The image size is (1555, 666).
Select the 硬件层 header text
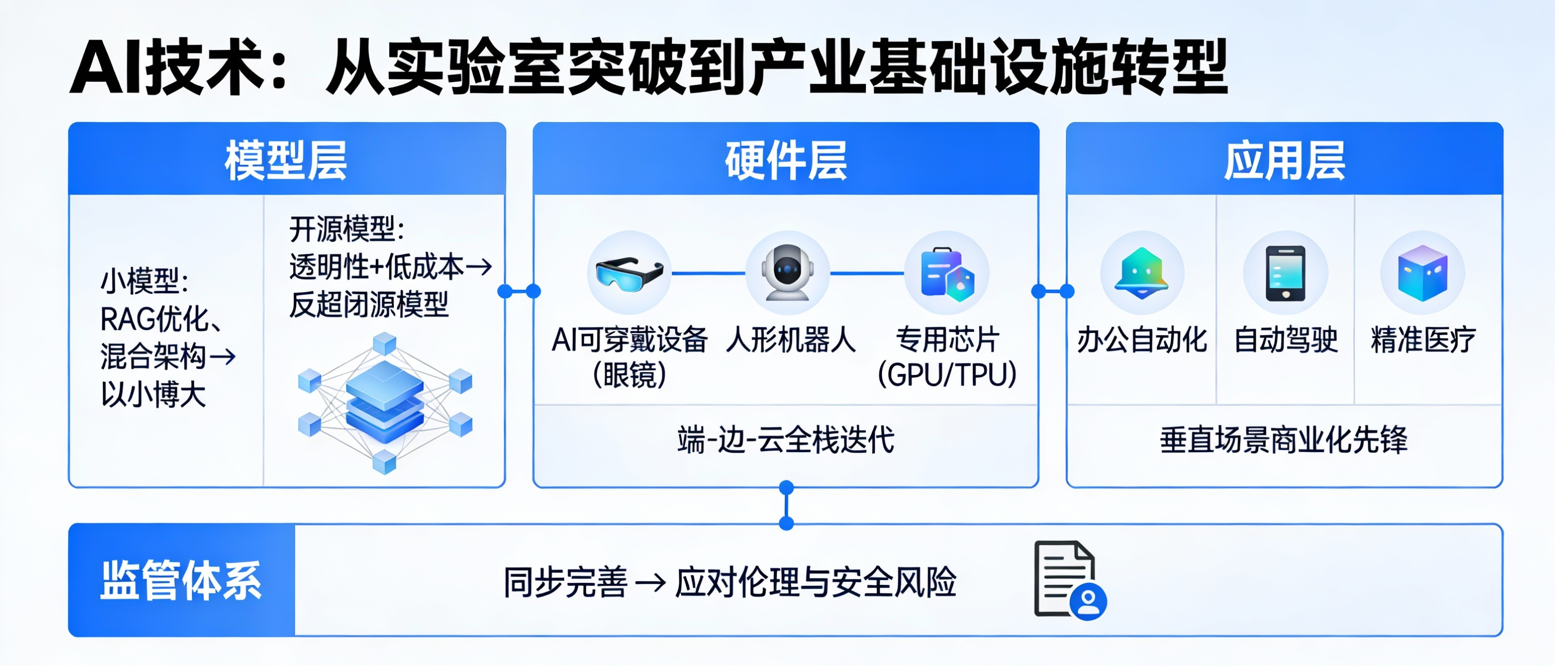786,160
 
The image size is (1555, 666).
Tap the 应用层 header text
1285,160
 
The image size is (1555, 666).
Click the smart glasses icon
629,273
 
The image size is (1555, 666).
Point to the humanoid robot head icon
787,273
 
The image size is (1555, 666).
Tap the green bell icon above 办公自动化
1142,273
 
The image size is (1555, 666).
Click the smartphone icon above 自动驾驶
1285,273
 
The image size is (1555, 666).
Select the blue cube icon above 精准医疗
1423,273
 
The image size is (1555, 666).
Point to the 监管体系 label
181,580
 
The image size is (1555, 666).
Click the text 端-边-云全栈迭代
786,440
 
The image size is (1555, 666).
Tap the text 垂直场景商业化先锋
1284,440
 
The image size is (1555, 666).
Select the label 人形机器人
791,340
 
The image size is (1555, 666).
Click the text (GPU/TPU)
947,375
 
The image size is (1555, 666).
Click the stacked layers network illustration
385,403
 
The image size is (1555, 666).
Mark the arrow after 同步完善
650,583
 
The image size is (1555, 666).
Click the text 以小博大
153,395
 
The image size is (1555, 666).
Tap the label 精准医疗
1423,340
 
